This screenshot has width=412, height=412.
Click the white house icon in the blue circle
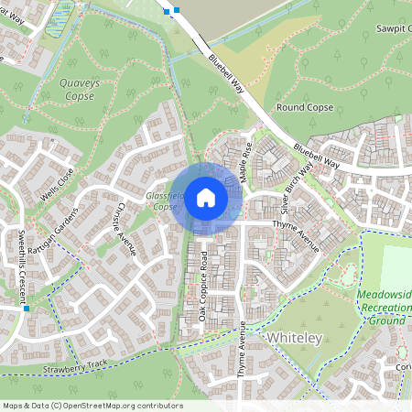pos(205,197)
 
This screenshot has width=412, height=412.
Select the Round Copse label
pos(304,107)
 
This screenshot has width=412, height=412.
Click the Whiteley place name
pos(295,339)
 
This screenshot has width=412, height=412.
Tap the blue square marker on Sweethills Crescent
pos(27,309)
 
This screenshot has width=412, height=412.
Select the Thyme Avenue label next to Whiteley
pos(243,352)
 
